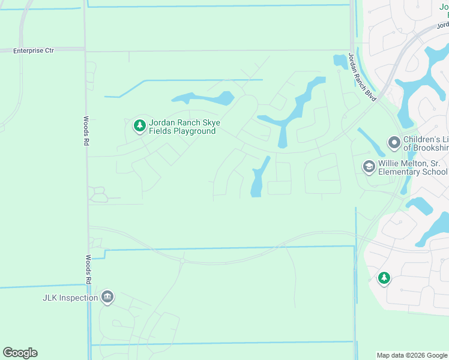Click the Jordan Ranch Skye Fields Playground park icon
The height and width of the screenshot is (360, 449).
pyautogui.click(x=140, y=125)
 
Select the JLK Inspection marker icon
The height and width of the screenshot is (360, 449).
pyautogui.click(x=107, y=298)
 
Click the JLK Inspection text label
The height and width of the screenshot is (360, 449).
pyautogui.click(x=70, y=298)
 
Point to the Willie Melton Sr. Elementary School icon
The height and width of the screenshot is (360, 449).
pyautogui.click(x=369, y=166)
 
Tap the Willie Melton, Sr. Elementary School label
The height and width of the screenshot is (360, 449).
pyautogui.click(x=413, y=167)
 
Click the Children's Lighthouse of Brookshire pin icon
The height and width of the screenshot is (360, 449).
pyautogui.click(x=394, y=143)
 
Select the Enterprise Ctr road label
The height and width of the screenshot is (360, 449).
pyautogui.click(x=34, y=51)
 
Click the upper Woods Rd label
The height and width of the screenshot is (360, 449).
pyautogui.click(x=86, y=131)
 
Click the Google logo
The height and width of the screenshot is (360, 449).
pyautogui.click(x=20, y=353)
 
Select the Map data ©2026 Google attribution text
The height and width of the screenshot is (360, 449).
pyautogui.click(x=412, y=355)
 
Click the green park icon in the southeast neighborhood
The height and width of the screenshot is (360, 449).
pyautogui.click(x=384, y=278)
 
